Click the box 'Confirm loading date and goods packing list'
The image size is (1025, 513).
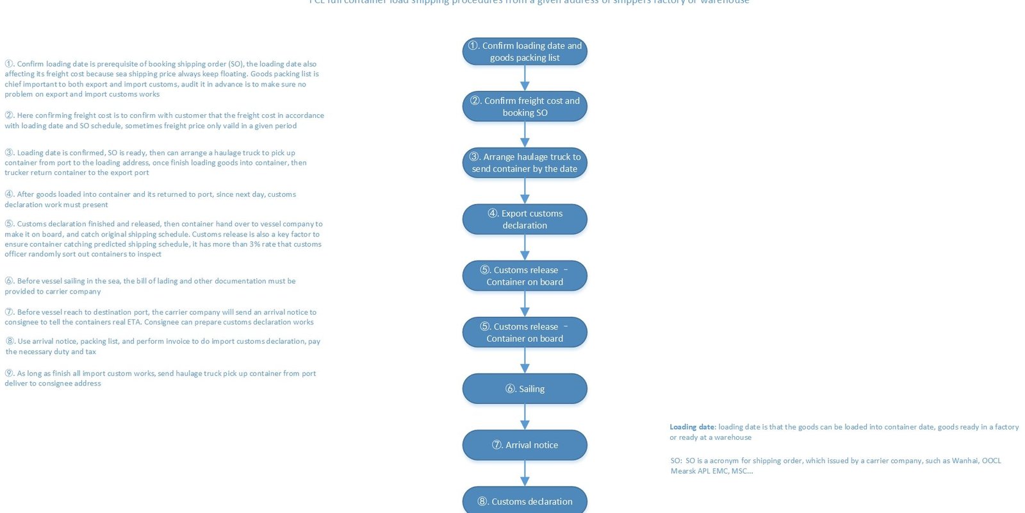525,51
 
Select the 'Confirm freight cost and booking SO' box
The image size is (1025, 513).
525,106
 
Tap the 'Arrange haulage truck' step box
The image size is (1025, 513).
525,163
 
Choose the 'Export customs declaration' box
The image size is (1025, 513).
525,219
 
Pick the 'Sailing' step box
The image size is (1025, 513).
525,389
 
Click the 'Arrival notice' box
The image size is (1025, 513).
525,445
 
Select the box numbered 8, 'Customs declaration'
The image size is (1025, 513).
525,501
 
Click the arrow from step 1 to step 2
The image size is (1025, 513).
525,78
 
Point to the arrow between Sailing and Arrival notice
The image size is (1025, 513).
525,417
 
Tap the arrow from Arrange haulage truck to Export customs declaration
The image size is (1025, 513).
525,191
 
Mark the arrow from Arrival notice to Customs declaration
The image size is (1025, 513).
525,473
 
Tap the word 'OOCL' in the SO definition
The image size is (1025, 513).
991,460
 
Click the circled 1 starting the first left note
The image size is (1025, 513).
9,64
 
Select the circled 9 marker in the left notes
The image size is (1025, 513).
9,373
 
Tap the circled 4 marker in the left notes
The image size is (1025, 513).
9,194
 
